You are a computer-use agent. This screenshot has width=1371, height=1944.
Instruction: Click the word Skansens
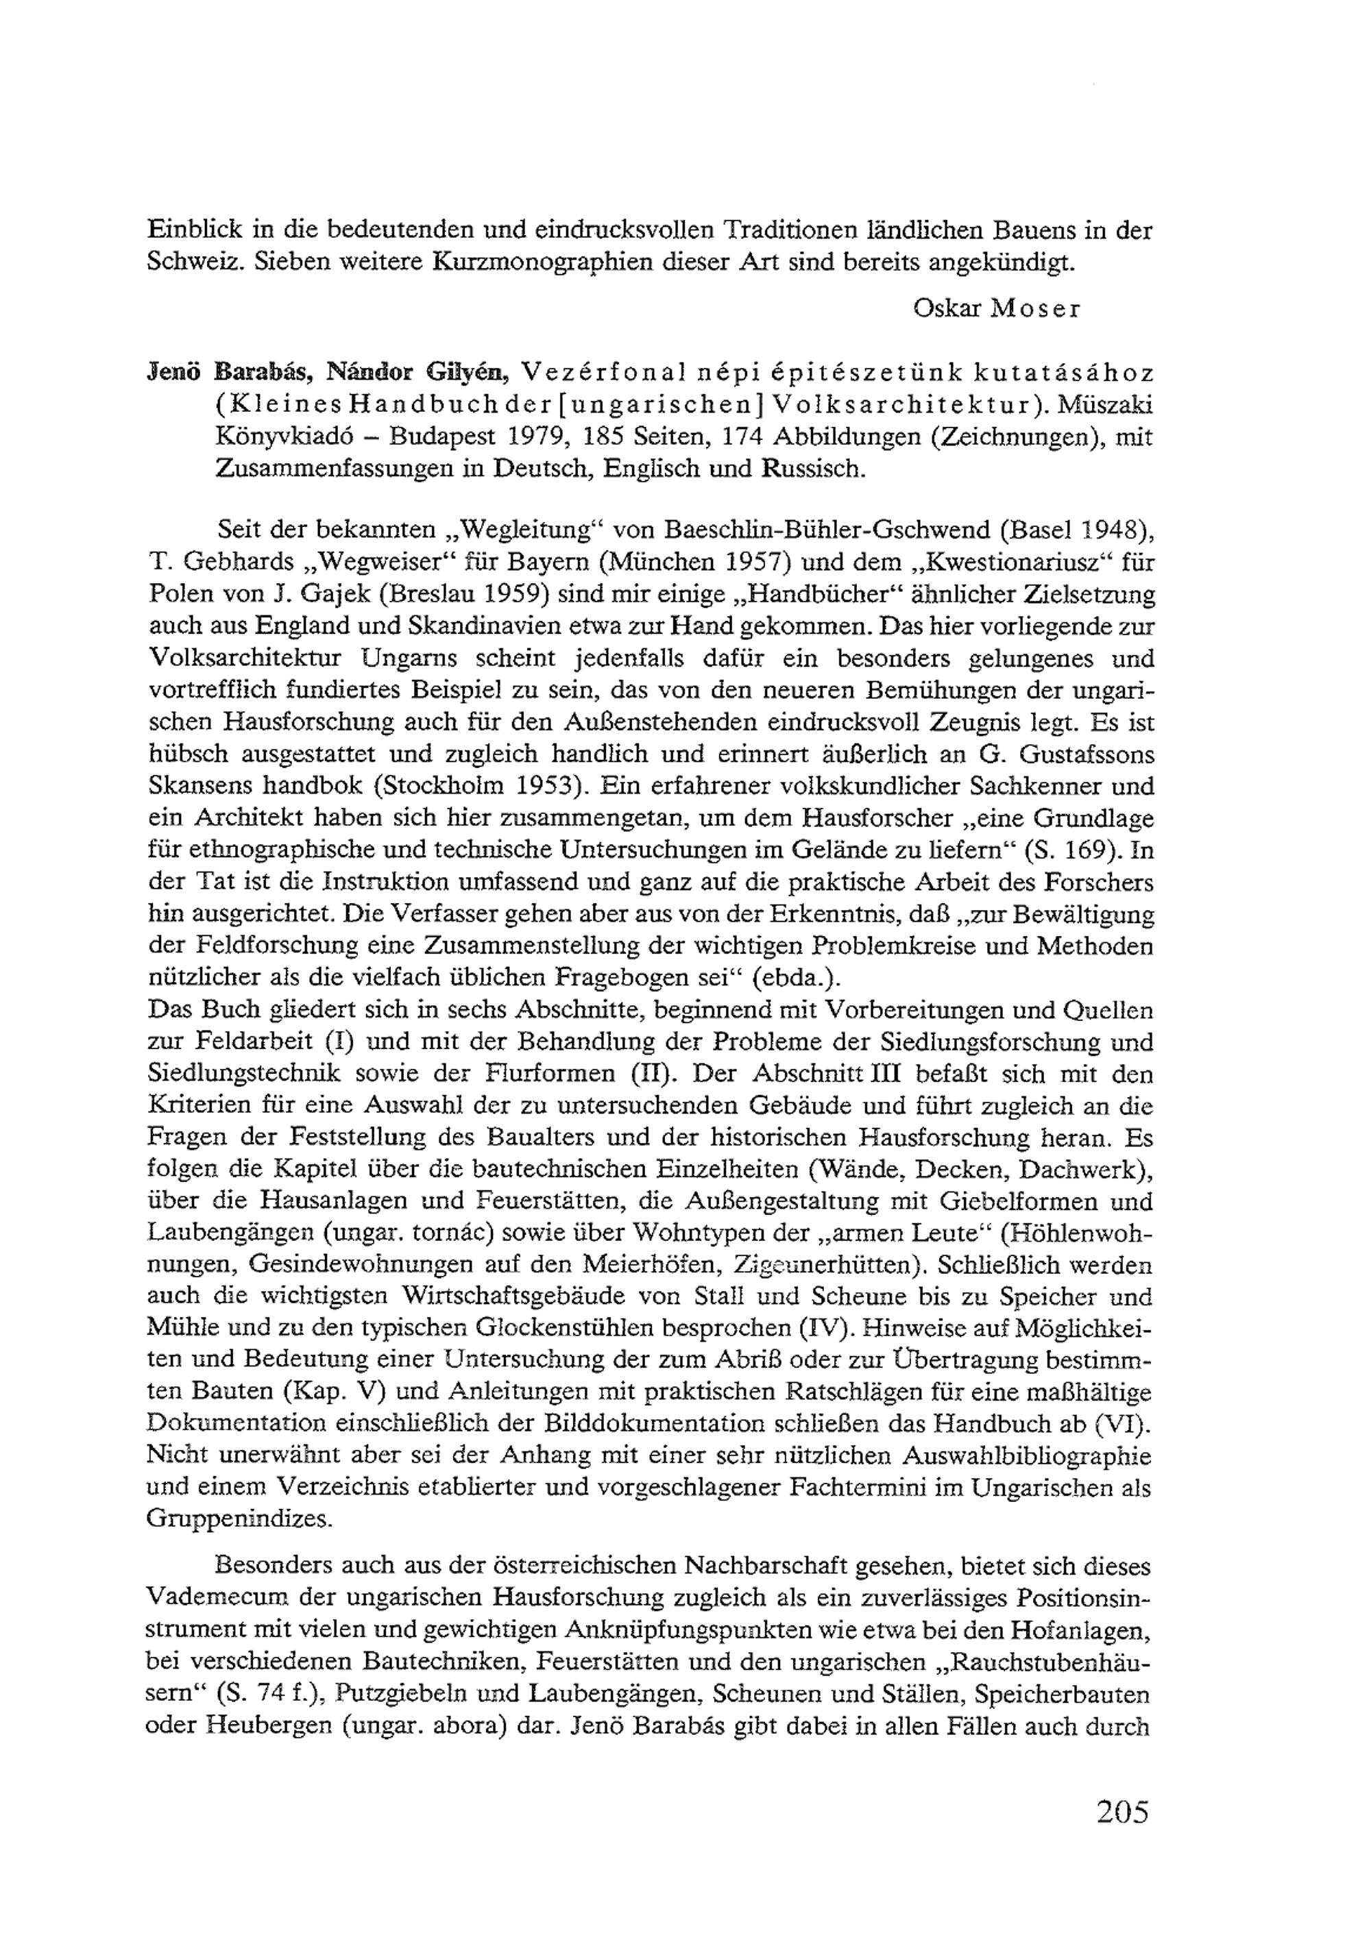tap(199, 786)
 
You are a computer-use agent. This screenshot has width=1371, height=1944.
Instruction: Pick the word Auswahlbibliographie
tap(1026, 1456)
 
